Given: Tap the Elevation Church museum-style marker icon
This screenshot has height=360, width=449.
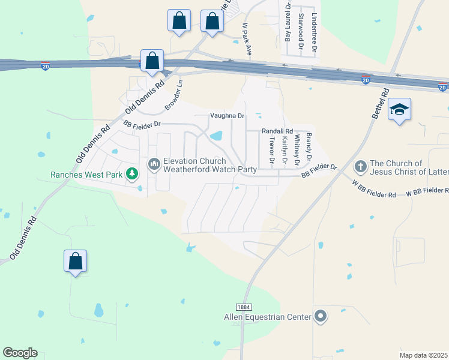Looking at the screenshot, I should point(154,163).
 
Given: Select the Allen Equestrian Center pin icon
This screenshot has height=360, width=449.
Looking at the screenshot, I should point(320,316).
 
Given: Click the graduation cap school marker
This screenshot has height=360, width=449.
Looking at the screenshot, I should point(399,110).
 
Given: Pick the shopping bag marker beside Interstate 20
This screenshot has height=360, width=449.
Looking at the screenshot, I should point(152,61).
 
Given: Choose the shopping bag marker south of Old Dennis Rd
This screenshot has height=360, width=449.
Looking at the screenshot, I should point(75,261).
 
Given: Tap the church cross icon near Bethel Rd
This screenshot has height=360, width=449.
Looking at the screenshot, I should point(361,165).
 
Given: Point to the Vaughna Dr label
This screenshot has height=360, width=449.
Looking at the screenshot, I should point(228,116).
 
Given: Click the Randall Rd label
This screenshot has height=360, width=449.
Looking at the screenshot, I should point(277,131).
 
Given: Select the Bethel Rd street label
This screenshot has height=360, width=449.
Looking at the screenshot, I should point(381,103).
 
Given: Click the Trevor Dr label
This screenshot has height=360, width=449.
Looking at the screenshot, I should point(271,150).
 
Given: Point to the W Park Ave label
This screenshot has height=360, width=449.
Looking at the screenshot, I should point(246,40).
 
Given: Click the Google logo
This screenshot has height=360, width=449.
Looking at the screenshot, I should point(20,353).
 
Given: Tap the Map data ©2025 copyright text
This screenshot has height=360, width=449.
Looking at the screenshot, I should point(423,355).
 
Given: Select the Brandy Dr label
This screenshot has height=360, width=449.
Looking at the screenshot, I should point(309,146).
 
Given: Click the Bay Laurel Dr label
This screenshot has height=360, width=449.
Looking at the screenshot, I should point(288,22).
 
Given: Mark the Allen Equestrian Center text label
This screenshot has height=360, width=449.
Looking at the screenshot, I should point(267,317).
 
